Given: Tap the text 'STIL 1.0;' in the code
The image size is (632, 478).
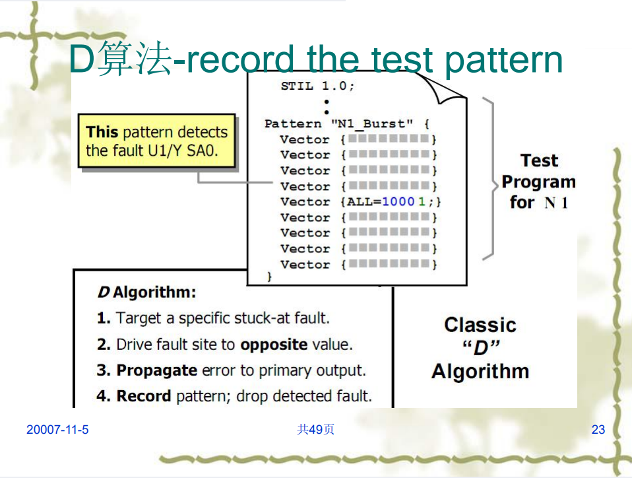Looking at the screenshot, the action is pyautogui.click(x=317, y=86).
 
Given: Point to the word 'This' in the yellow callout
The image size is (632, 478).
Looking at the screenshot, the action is pyautogui.click(x=102, y=132).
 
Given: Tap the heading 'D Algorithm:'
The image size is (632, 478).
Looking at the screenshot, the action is pyautogui.click(x=146, y=292).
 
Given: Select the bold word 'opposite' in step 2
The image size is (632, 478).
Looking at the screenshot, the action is pyautogui.click(x=274, y=344).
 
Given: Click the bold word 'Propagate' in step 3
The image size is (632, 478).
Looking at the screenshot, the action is pyautogui.click(x=156, y=370).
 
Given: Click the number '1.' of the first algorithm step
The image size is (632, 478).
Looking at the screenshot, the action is pyautogui.click(x=104, y=318).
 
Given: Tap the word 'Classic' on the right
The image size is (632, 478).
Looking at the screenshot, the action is pyautogui.click(x=480, y=325).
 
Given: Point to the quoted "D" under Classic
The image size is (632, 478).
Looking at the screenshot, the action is pyautogui.click(x=480, y=348).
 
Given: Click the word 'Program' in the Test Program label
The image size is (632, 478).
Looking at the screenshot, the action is pyautogui.click(x=538, y=182).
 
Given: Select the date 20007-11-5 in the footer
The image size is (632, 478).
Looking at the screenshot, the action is pyautogui.click(x=57, y=430).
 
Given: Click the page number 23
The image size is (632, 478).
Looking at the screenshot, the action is pyautogui.click(x=598, y=430).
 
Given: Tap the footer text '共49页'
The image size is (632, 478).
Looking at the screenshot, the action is pyautogui.click(x=315, y=430).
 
